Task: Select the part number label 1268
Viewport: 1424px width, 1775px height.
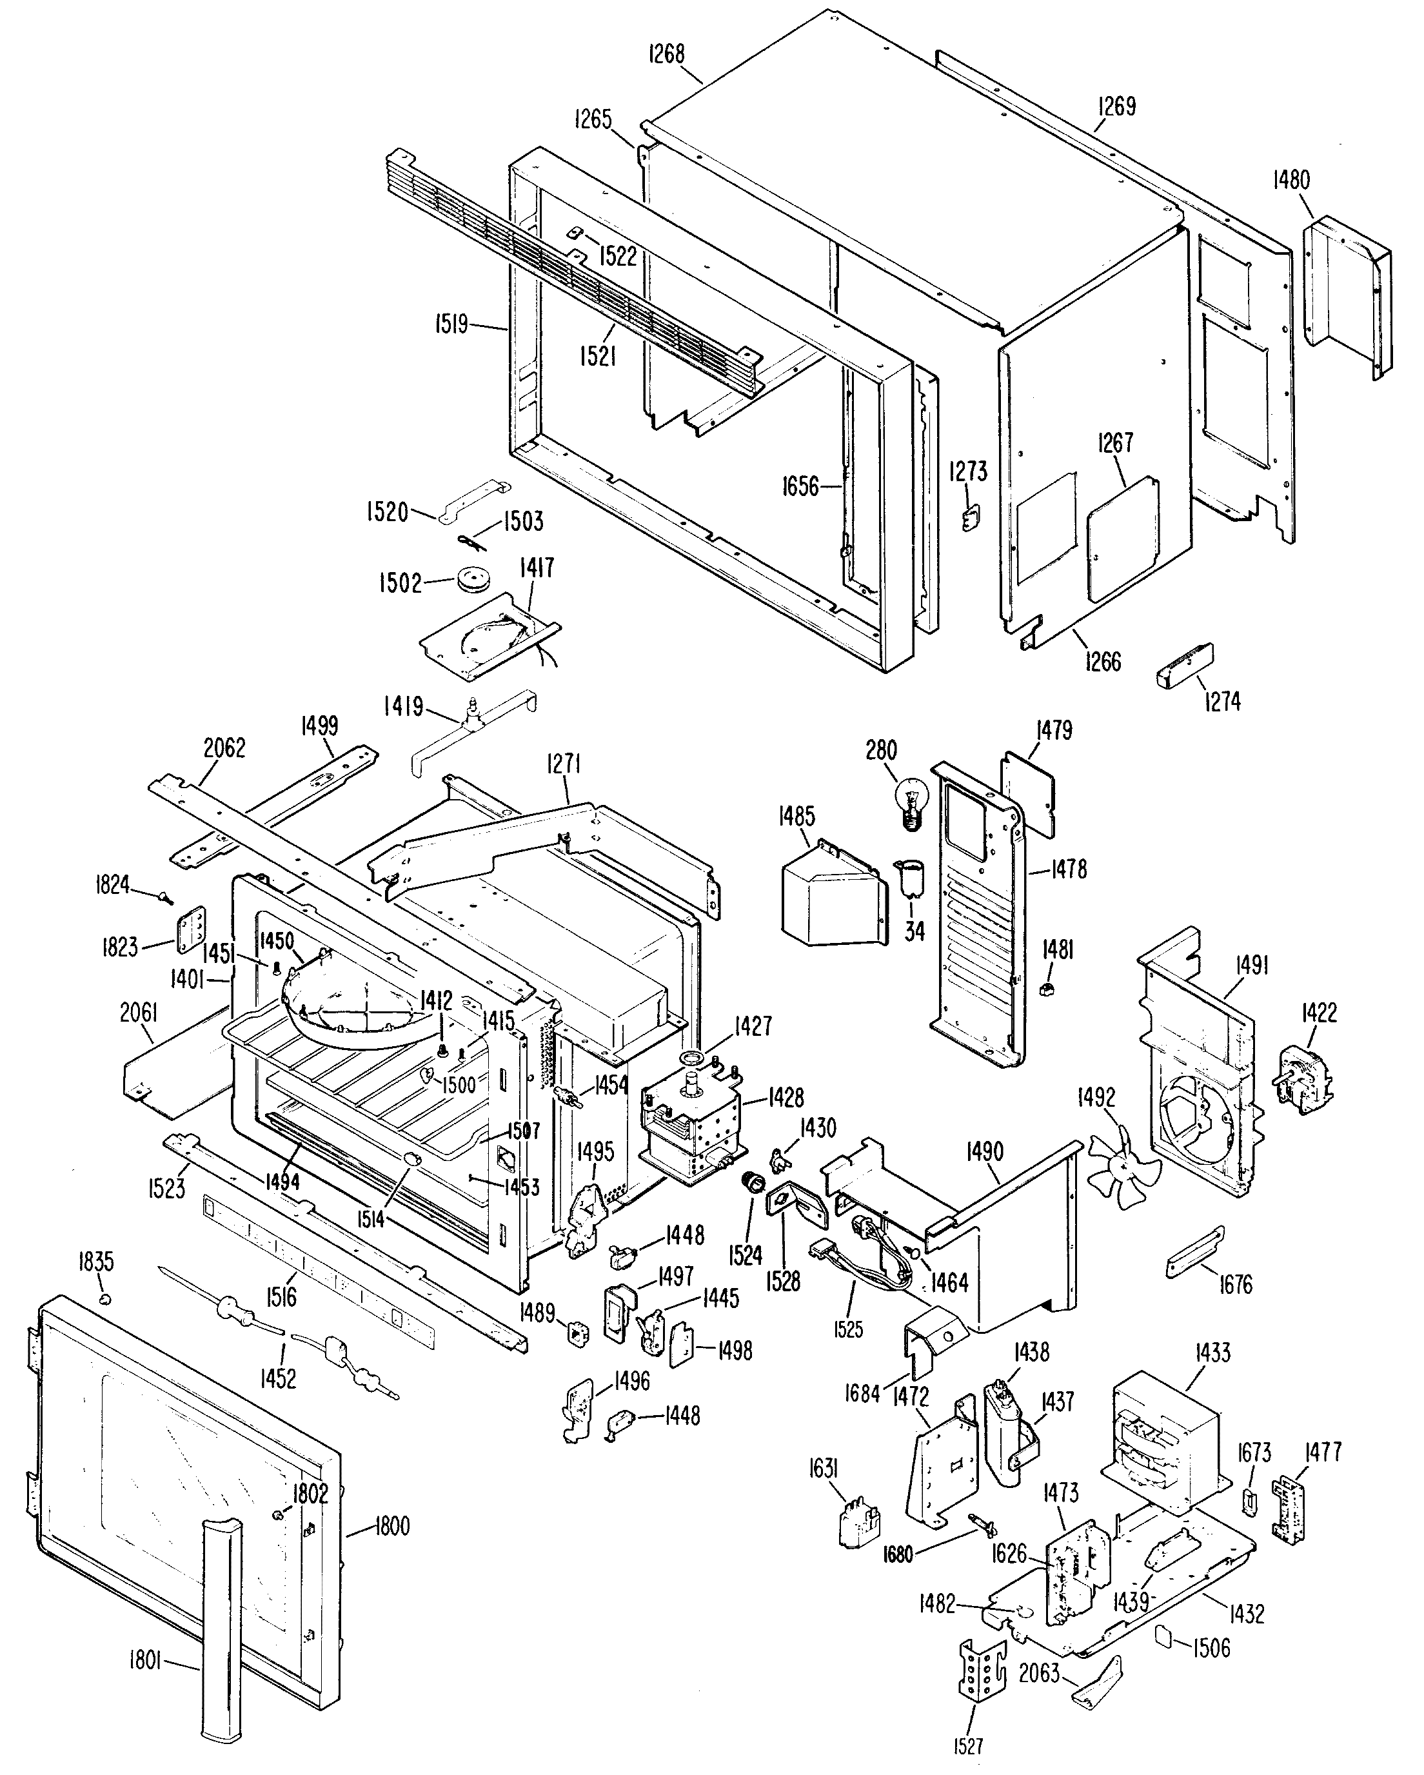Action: [666, 54]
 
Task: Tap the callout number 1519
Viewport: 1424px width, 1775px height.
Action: [451, 324]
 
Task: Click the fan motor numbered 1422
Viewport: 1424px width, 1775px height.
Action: [1304, 1079]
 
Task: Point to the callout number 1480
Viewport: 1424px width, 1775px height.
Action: [1290, 179]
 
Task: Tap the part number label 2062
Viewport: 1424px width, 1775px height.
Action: [223, 748]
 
